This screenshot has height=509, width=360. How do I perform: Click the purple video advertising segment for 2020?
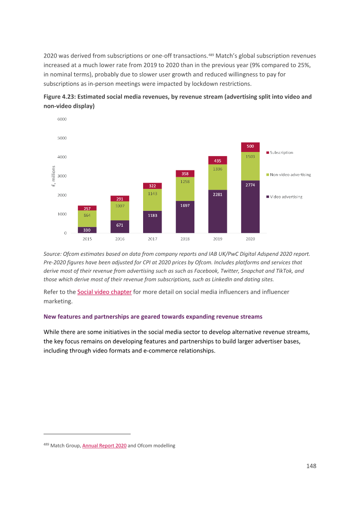pos(250,206)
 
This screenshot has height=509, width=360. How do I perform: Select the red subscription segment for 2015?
pos(87,208)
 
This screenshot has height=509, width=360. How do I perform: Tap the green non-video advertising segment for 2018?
pos(185,189)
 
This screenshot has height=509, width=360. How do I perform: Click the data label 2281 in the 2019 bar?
pos(217,194)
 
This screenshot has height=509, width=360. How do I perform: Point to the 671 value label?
pos(120,225)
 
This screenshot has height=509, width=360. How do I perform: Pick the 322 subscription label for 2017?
pos(153,186)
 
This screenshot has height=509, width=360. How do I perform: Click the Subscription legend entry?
pos(280,152)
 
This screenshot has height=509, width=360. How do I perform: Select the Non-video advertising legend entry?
pos(288,174)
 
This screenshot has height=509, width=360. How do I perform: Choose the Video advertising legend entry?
pos(284,196)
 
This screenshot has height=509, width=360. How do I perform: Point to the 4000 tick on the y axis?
pos(62,157)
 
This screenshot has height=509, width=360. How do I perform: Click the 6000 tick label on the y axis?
pos(62,119)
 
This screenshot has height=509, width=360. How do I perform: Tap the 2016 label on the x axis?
pos(120,239)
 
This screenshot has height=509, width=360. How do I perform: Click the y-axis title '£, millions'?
pos(53,176)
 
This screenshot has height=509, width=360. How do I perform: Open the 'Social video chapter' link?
pos(104,292)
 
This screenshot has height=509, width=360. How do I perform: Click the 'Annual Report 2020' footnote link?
pos(104,446)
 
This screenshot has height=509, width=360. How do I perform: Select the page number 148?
pos(311,466)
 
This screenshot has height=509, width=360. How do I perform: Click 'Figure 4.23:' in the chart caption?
pos(59,97)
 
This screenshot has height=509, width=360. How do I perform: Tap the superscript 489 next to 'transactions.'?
pos(211,54)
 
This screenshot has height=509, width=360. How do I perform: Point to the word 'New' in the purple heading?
pos(49,317)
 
